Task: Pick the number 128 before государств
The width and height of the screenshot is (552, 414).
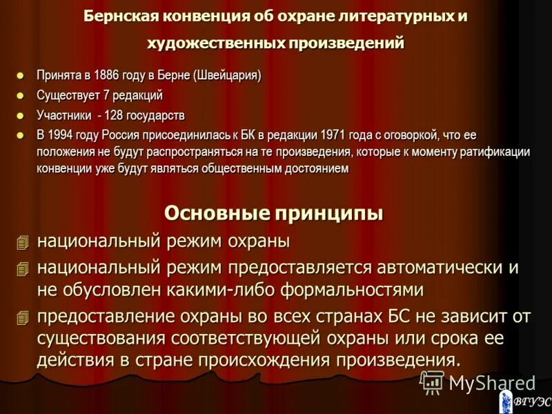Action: point(114,115)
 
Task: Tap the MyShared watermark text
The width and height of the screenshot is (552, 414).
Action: point(491,383)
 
